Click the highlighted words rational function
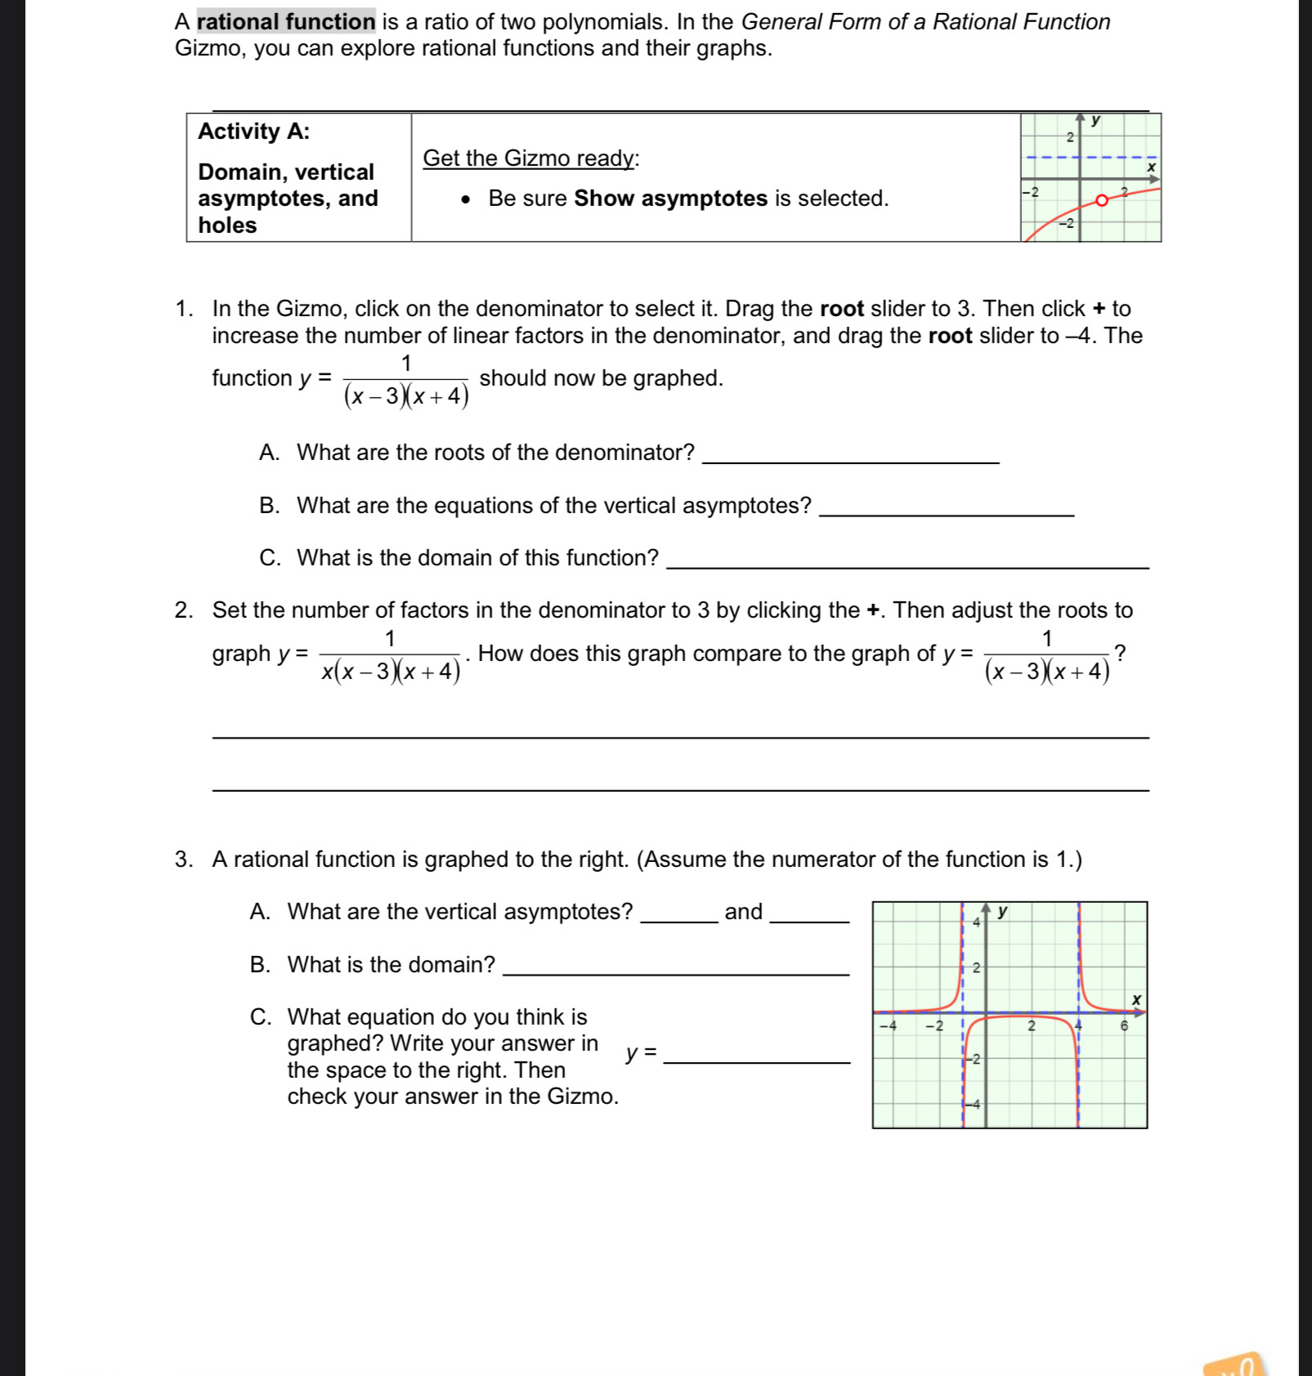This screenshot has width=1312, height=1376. pyautogui.click(x=286, y=21)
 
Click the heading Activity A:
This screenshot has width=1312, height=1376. pyautogui.click(x=253, y=132)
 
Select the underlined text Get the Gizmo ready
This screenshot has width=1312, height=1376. pyautogui.click(x=530, y=159)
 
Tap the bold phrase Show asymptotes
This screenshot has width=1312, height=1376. pyautogui.click(x=670, y=199)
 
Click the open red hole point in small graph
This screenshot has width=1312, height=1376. pyautogui.click(x=1101, y=200)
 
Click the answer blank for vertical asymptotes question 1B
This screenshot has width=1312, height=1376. pyautogui.click(x=946, y=507)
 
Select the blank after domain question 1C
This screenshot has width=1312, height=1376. pyautogui.click(x=907, y=561)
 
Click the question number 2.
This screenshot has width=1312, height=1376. pyautogui.click(x=183, y=610)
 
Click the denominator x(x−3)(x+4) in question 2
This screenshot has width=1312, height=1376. pyautogui.click(x=391, y=672)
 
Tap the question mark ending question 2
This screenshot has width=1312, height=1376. pyautogui.click(x=1121, y=653)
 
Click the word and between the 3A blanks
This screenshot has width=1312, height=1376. pyautogui.click(x=743, y=912)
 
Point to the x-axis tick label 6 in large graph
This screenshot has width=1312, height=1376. pyautogui.click(x=1124, y=1025)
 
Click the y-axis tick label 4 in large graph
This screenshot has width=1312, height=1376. pyautogui.click(x=975, y=922)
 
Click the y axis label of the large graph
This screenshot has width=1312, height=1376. pyautogui.click(x=1003, y=912)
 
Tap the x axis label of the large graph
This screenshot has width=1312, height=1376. pyautogui.click(x=1135, y=999)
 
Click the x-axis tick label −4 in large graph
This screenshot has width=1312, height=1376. pyautogui.click(x=887, y=1025)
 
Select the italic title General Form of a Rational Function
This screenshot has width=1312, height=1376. pyautogui.click(x=925, y=21)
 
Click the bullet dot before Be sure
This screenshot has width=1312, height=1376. pyautogui.click(x=466, y=199)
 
